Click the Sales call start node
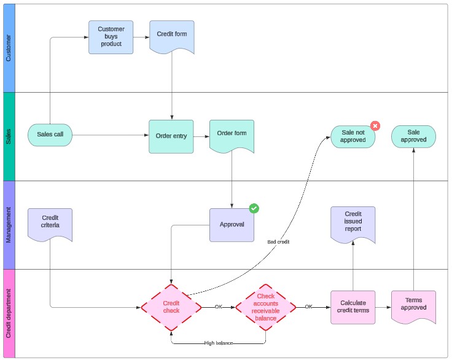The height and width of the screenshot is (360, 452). [50, 135]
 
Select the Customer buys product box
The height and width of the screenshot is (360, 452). [111, 37]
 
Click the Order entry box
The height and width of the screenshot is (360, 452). [171, 136]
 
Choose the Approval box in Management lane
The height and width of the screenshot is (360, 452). [232, 225]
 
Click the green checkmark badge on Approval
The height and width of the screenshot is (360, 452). [254, 208]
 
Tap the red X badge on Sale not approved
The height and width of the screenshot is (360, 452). [375, 126]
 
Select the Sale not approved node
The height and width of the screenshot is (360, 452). [353, 136]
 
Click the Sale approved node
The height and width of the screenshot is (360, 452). [413, 136]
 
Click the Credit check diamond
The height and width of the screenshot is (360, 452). [171, 307]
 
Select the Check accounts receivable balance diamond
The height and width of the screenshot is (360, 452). [265, 307]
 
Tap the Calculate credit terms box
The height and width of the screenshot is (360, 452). [353, 307]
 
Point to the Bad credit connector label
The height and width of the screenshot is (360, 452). [278, 242]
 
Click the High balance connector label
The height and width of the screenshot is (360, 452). [219, 343]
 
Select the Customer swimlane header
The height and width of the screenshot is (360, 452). [9, 48]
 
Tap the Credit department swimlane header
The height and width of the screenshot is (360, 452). [9, 313]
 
